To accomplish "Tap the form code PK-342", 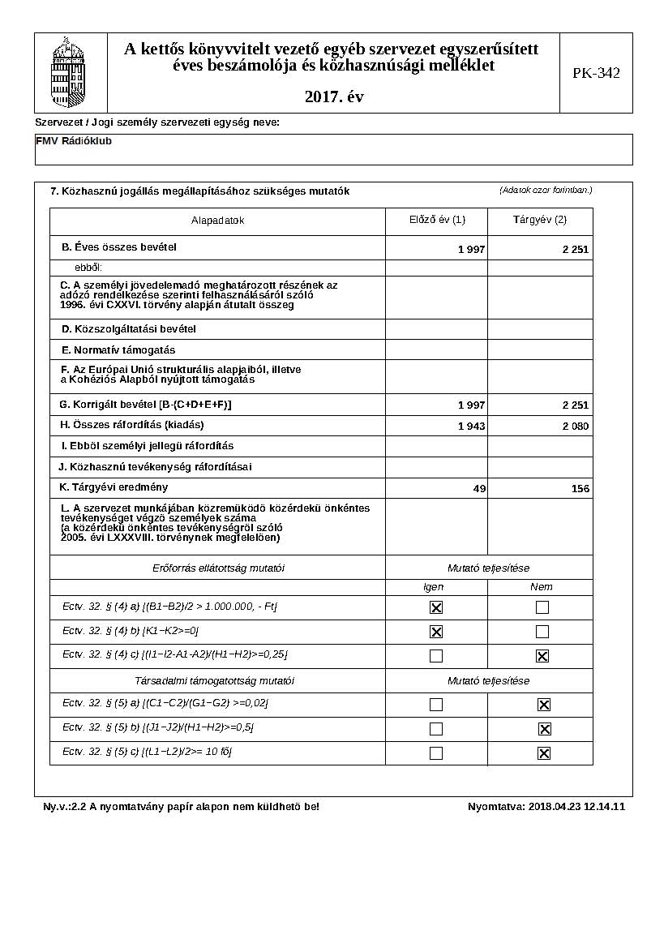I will point(596,73).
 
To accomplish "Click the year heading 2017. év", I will point(334,97).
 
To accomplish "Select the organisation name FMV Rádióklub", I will point(74,141).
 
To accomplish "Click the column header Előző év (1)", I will point(437,220).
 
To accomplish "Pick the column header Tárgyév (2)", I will point(540,220).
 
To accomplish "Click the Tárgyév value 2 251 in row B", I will point(576,250).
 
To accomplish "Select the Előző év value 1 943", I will point(471,427).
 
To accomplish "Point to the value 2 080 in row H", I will point(576,427).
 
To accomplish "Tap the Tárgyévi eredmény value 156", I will point(580,489).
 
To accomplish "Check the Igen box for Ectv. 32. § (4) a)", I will point(436,607).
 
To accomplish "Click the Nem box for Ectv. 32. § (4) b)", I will point(542,632).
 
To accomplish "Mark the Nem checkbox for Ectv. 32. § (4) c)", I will point(542,656).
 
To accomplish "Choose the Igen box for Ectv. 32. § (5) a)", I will point(436,705).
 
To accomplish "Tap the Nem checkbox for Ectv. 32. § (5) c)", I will point(543,753).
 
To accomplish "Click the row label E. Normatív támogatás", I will point(118,350).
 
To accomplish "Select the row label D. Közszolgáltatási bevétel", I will point(129,329).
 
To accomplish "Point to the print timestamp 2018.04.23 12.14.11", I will point(576,807).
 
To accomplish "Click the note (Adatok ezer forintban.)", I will point(546,191).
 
